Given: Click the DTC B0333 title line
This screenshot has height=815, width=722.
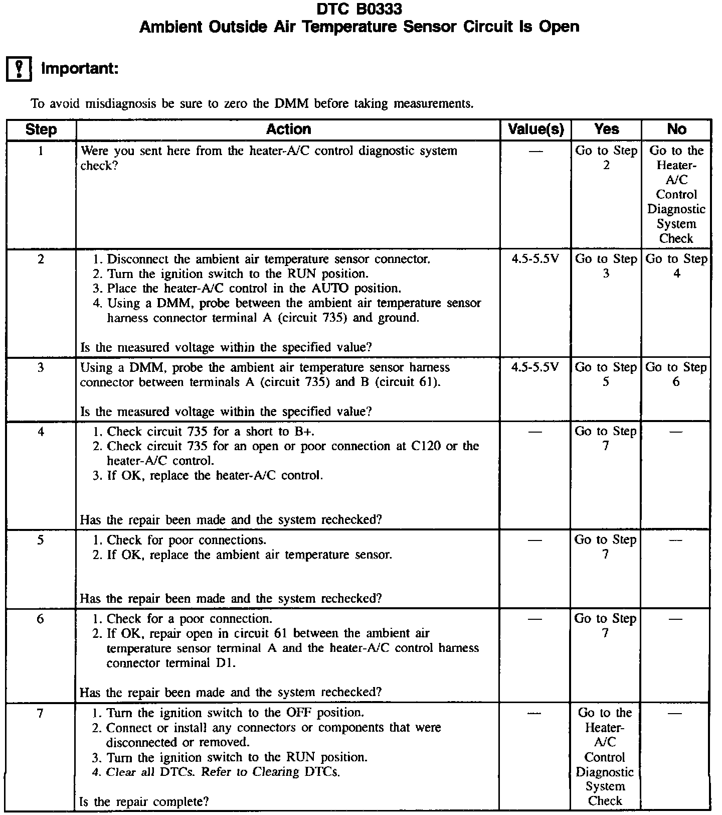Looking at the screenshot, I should point(359,9).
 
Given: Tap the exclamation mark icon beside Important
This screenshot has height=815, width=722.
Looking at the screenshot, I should point(19,69).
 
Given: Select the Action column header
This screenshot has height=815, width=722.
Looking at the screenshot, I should point(288,129).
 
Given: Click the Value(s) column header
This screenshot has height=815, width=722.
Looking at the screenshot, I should point(535,129).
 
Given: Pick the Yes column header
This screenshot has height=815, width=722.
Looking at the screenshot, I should point(606,129).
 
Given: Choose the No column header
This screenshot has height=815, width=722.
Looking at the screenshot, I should point(676,129).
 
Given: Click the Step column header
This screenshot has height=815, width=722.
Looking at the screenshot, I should point(41,129).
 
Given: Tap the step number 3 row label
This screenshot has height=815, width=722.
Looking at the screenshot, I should point(41,367).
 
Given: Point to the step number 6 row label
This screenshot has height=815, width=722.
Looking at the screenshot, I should point(41,619).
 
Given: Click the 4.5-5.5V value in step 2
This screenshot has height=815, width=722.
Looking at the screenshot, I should point(535,259).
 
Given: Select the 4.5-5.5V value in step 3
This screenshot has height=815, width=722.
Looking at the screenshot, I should point(535,367).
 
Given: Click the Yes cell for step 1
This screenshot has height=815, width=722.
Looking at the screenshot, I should point(606,158).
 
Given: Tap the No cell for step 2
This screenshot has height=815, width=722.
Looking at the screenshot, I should point(676,266).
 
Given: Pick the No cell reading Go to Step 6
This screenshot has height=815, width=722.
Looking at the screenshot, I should point(676,374).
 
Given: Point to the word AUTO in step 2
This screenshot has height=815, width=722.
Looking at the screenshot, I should point(331,289).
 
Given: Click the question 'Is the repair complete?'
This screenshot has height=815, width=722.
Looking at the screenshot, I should point(144,801).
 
